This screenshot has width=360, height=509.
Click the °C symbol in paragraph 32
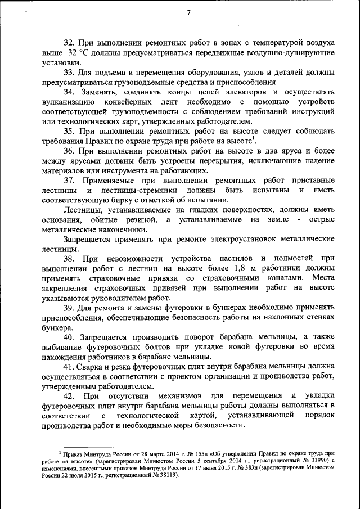coord(85,52)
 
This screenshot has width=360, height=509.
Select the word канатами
coord(278,278)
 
